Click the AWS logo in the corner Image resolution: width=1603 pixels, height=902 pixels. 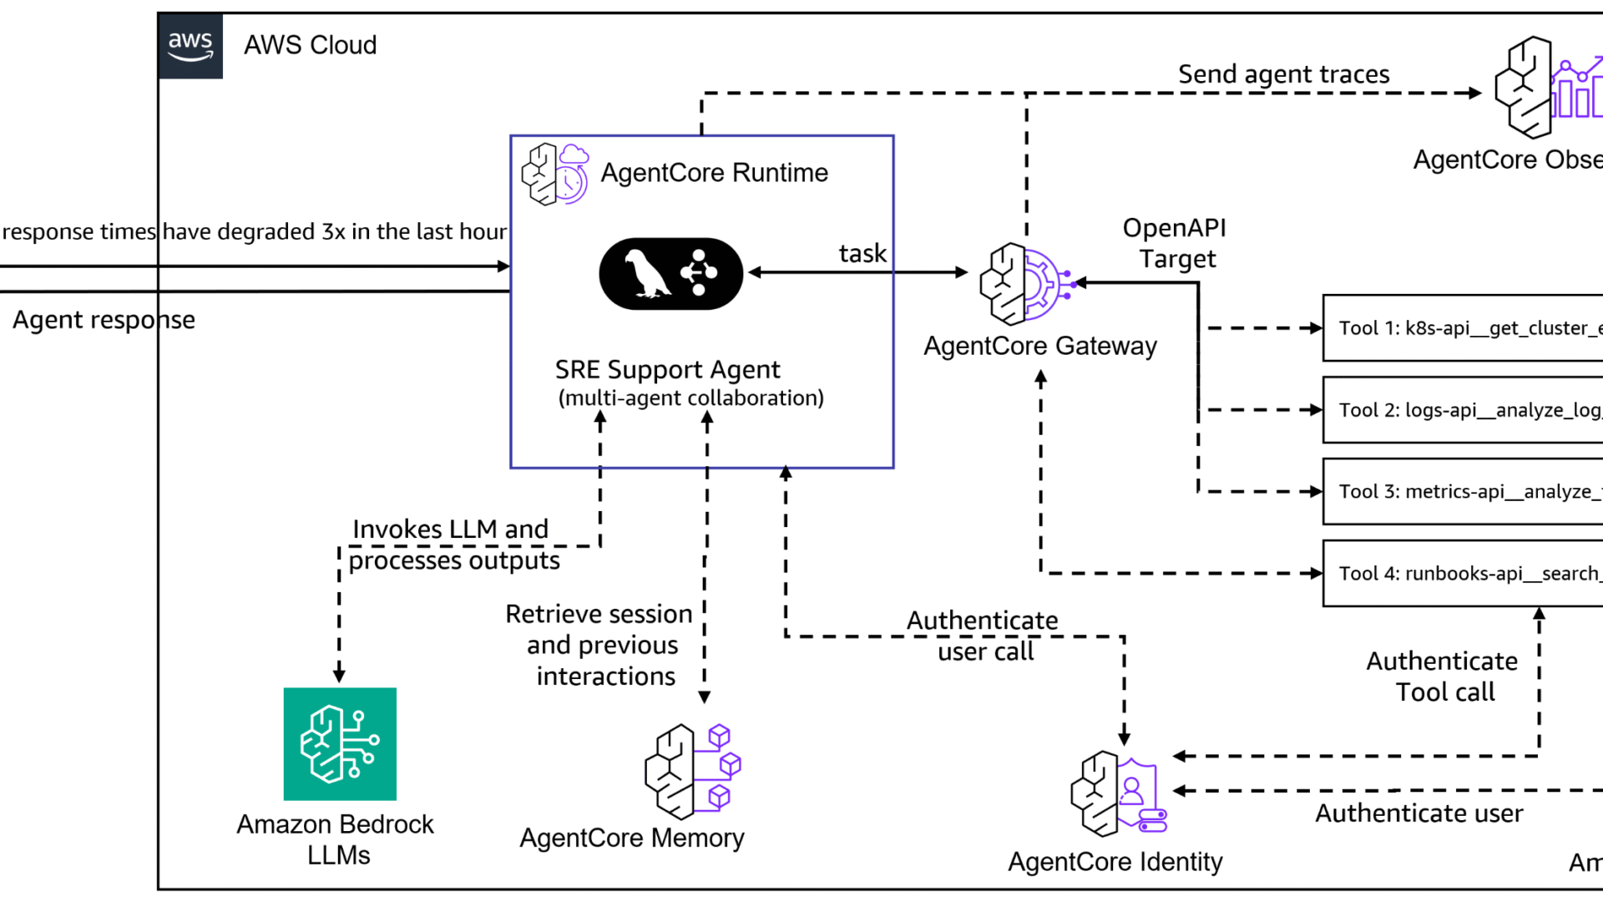190,46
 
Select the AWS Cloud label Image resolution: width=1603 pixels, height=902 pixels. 310,45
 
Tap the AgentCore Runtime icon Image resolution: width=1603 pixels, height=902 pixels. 554,173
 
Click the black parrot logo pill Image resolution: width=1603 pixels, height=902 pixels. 670,274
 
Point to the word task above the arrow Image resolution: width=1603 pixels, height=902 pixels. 862,254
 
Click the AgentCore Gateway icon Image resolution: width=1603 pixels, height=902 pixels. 1026,284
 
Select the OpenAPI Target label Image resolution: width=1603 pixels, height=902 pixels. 1176,243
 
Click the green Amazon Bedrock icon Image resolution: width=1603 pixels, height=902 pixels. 340,744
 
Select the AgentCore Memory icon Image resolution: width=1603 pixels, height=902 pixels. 692,771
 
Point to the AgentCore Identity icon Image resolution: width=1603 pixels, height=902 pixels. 1118,794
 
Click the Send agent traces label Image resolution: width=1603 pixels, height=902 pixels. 1283,74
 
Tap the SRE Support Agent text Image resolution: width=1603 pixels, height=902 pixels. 668,370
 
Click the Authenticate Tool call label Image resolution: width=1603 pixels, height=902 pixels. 1443,676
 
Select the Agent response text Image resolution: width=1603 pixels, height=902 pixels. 104,320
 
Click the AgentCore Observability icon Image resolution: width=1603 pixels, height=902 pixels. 1547,88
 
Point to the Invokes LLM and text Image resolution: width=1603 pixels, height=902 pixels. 450,530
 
